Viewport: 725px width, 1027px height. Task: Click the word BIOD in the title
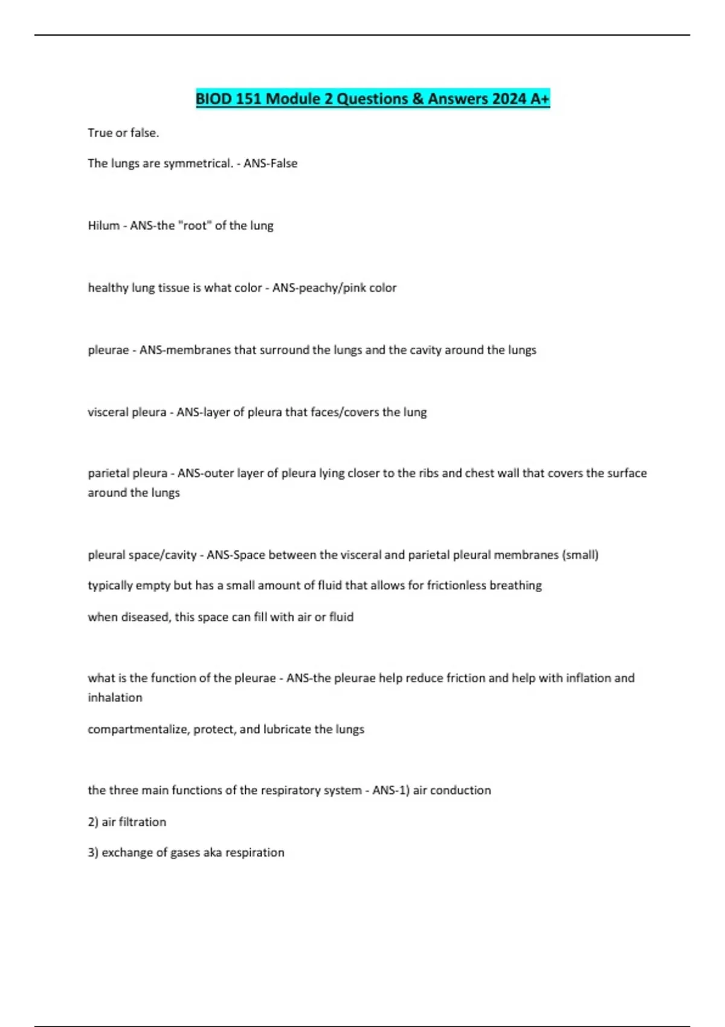[214, 98]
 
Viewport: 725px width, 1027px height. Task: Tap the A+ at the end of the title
[540, 98]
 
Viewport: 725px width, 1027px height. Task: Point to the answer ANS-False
[270, 164]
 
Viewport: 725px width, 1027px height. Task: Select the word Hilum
[103, 226]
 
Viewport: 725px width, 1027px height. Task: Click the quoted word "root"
[195, 226]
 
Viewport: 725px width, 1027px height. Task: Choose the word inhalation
[115, 698]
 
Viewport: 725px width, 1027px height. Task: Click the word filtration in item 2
[141, 822]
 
